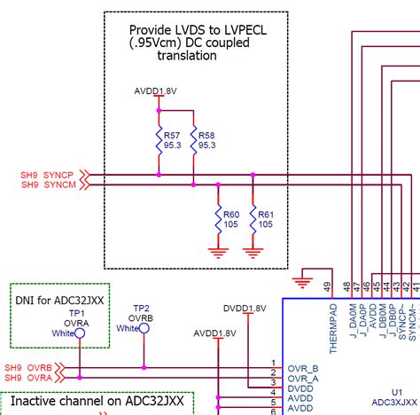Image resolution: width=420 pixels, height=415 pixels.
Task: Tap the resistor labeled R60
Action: [x=218, y=218]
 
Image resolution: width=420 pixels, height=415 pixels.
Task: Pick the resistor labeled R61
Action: [x=253, y=218]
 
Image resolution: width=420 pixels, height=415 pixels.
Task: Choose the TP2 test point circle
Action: [x=144, y=327]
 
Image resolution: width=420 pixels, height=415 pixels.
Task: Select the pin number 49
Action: [x=328, y=286]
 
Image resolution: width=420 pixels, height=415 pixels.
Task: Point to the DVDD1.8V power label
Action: [x=245, y=308]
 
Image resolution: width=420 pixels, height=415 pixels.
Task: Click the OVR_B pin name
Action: [x=301, y=368]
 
